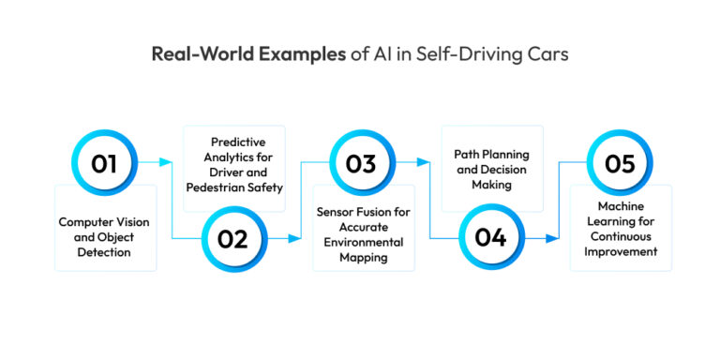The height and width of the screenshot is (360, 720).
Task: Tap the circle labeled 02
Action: [x=232, y=238]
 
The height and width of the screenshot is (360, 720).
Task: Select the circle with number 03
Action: [x=360, y=163]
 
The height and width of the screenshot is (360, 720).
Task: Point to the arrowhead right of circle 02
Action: [x=298, y=238]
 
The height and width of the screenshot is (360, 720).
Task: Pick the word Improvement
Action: [x=621, y=250]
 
